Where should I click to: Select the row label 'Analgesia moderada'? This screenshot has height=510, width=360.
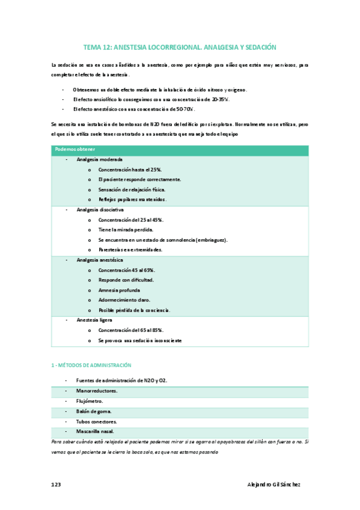(100, 159)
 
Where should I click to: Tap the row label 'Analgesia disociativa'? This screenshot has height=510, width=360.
(100, 210)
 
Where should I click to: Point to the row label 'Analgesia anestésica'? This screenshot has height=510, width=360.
(100, 260)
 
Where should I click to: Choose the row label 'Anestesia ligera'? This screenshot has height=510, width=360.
(94, 320)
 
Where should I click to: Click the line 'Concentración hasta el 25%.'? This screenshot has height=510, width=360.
(130, 170)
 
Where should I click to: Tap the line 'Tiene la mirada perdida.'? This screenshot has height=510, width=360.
(126, 230)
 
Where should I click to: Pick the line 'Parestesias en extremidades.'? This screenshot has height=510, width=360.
(130, 249)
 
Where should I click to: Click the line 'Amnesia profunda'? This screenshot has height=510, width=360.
(119, 290)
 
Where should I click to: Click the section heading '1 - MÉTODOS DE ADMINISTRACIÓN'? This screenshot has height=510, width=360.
(91, 365)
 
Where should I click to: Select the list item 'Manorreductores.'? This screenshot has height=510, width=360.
(97, 391)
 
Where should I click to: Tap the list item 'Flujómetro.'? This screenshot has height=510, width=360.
(90, 401)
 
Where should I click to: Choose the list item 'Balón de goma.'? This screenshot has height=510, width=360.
(94, 411)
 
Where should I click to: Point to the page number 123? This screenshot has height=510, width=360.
(56, 485)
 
